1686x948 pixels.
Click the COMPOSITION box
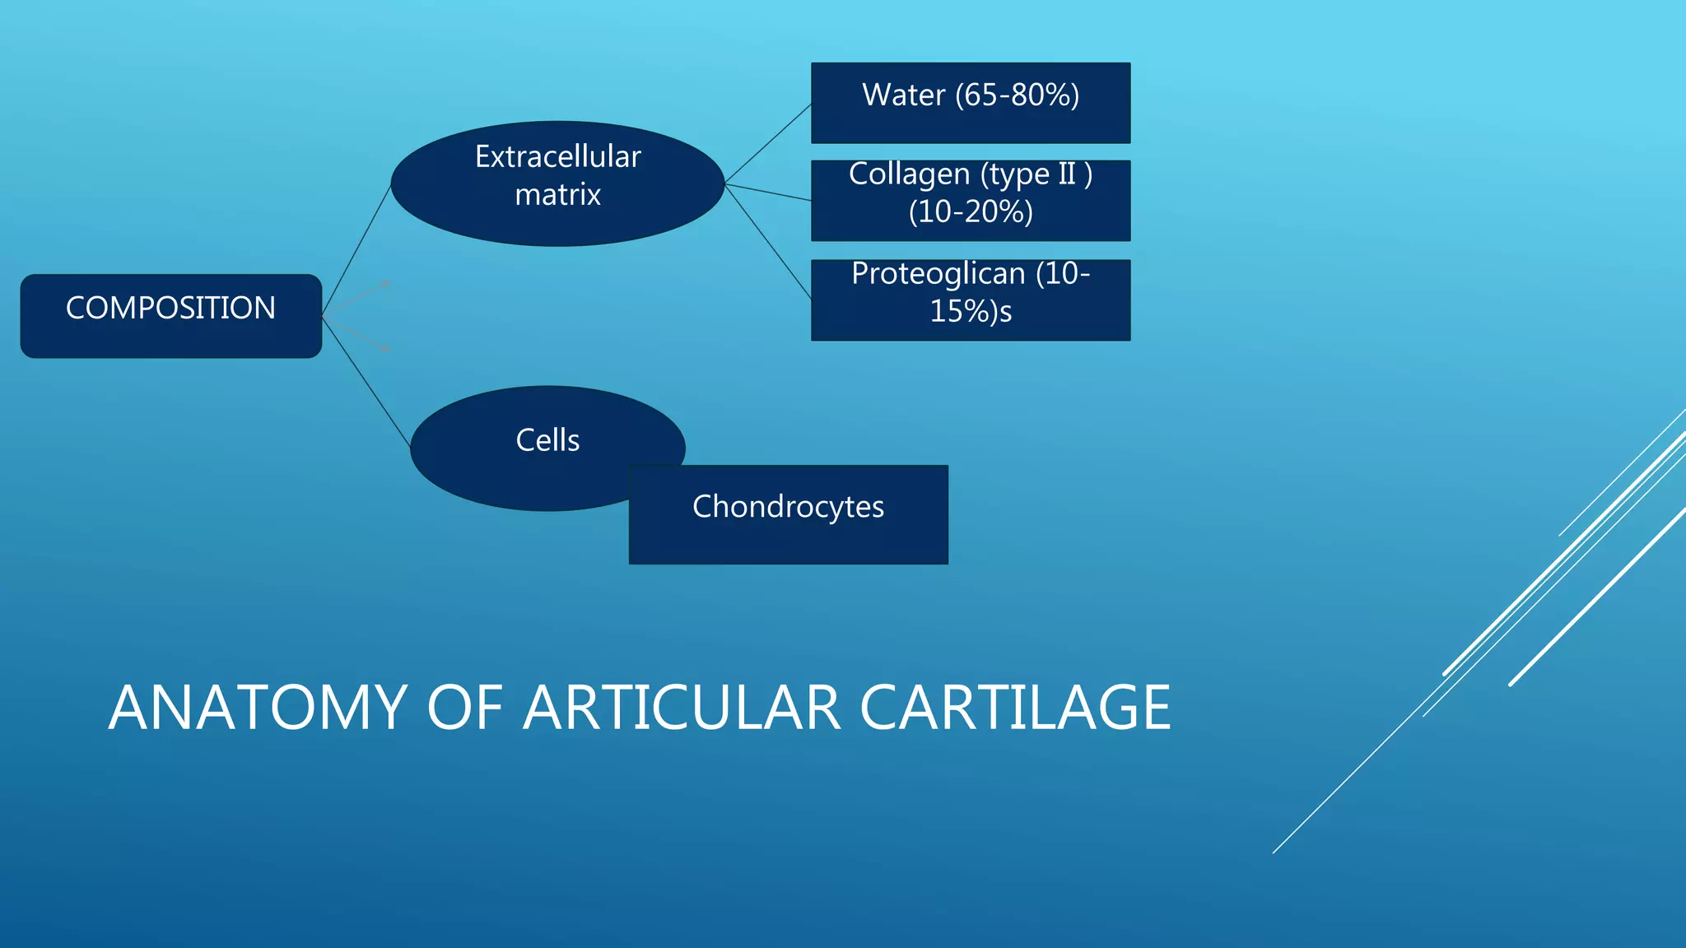click(x=170, y=316)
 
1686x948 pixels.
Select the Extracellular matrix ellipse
click(x=557, y=184)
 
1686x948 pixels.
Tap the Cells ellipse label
click(x=547, y=440)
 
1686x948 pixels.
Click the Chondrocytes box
click(x=788, y=514)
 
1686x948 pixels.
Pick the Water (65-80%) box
click(x=971, y=103)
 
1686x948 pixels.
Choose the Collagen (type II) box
click(x=971, y=201)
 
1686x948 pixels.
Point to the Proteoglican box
click(x=971, y=300)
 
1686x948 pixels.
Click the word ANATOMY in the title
click(x=257, y=708)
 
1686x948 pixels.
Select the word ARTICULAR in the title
click(x=682, y=708)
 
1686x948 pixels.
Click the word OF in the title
click(x=465, y=708)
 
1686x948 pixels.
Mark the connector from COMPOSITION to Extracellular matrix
click(x=356, y=249)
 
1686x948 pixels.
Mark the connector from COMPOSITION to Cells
click(x=366, y=381)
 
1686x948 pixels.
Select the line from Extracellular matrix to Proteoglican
click(x=768, y=241)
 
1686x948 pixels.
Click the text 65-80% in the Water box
click(x=1017, y=95)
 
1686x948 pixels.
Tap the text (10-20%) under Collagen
click(x=971, y=212)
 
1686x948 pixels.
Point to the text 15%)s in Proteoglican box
click(x=971, y=312)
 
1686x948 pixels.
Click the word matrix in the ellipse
click(x=557, y=195)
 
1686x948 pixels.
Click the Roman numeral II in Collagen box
click(x=1066, y=174)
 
